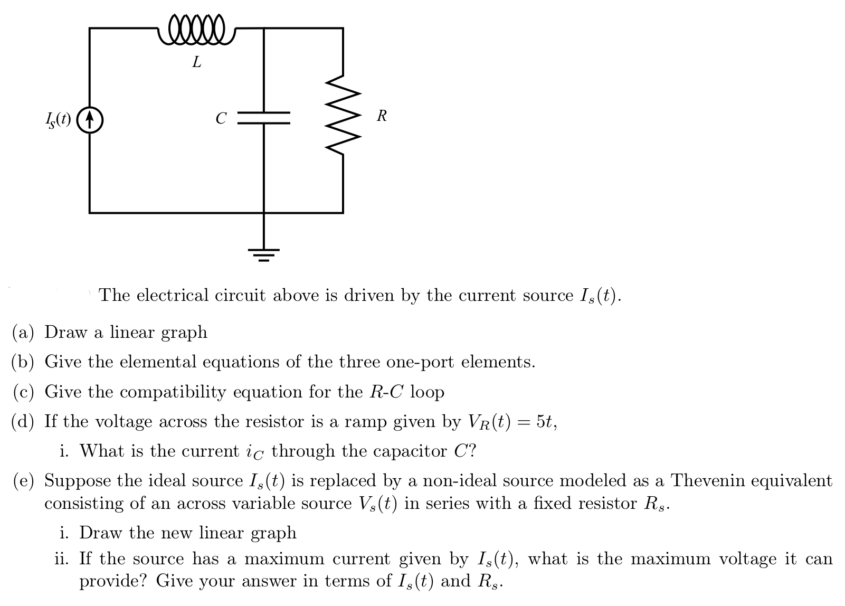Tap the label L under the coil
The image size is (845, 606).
coord(197,63)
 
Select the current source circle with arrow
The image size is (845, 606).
coord(90,120)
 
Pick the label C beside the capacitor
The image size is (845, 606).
coord(221,118)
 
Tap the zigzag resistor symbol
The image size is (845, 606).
coord(344,116)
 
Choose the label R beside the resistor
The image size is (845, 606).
coord(382,116)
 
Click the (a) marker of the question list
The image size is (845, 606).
coord(23,332)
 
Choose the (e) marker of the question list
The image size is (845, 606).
coord(23,481)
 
